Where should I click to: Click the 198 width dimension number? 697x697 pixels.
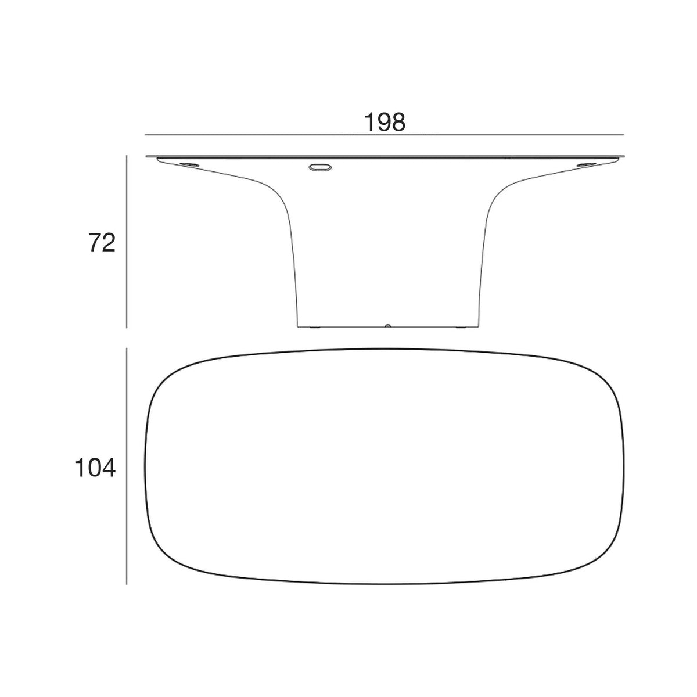(385, 122)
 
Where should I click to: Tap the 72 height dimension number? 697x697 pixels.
(102, 242)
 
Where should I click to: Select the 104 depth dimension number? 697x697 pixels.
(95, 468)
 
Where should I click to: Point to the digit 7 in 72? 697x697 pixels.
(95, 242)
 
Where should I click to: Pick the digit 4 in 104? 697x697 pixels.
(108, 468)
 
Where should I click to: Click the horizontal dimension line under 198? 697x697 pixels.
(385, 135)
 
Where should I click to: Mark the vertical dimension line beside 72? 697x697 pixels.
(127, 242)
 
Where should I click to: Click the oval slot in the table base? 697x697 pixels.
(320, 167)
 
